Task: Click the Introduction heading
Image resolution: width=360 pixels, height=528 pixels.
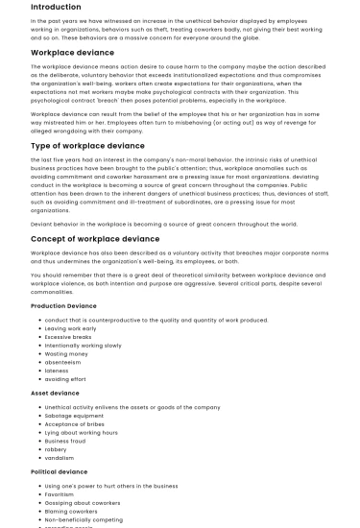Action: click(56, 7)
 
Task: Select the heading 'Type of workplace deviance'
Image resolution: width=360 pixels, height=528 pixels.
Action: click(87, 146)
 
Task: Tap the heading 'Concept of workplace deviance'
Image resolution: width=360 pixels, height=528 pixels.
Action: click(95, 238)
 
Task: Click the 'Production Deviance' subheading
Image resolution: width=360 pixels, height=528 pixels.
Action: click(63, 305)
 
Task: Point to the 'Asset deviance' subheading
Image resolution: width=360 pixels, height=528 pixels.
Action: click(55, 393)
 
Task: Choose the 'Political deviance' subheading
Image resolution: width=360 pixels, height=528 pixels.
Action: click(59, 472)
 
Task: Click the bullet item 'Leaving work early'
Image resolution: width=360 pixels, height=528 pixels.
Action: click(70, 328)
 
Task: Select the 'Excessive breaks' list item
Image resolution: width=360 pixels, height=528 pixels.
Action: click(67, 337)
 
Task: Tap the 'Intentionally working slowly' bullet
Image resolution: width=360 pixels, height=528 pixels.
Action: click(83, 346)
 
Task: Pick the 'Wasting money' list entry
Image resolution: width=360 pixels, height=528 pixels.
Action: click(65, 354)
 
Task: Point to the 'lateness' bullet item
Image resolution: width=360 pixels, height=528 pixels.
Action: click(58, 371)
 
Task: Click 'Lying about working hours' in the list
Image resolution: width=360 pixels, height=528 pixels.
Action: click(82, 432)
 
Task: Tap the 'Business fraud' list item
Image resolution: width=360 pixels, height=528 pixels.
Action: click(66, 441)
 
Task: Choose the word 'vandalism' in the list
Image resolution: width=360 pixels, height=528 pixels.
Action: click(60, 458)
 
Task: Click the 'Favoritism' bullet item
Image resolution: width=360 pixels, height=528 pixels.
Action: click(60, 494)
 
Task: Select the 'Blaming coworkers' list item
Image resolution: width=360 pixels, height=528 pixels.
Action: click(71, 512)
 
